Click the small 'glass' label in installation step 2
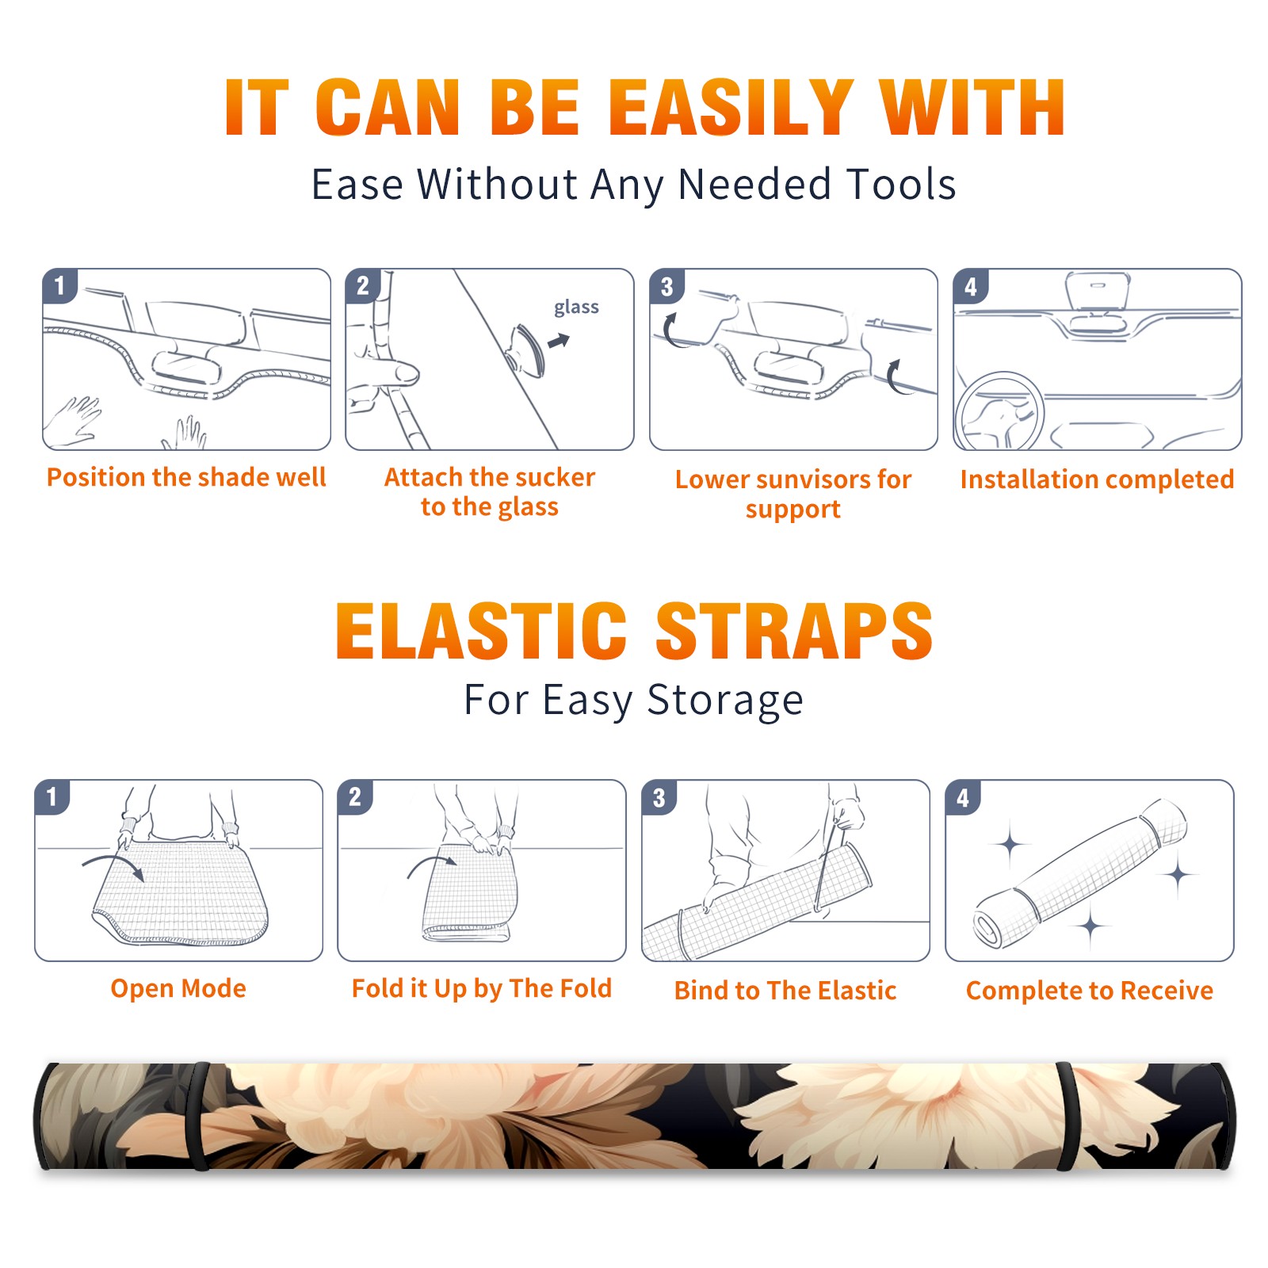pos(576,307)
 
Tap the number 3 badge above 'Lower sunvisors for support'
pos(667,286)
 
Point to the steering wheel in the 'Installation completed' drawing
pos(999,412)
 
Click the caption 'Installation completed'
pos(1097,479)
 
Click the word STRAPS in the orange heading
pos(794,631)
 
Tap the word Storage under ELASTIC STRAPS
pos(725,701)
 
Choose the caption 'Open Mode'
pos(178,988)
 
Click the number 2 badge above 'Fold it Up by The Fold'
pos(355,796)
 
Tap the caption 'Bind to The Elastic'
pos(785,991)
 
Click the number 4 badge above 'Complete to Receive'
pos(963,797)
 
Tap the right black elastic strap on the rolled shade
pos(1067,1117)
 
